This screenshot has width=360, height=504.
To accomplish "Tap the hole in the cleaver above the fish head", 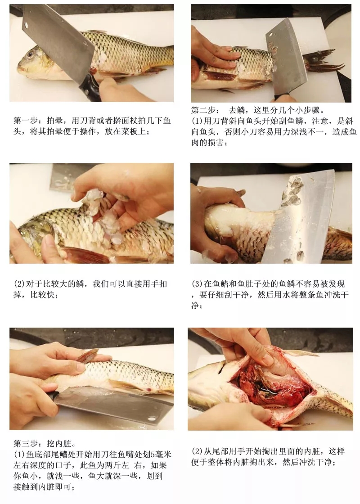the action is (x=26, y=25).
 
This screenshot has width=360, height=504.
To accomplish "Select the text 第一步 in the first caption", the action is (x=25, y=121).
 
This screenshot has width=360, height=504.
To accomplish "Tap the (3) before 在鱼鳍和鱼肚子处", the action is (x=197, y=284).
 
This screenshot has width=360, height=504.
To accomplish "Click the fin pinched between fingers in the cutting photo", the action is (x=87, y=356).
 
